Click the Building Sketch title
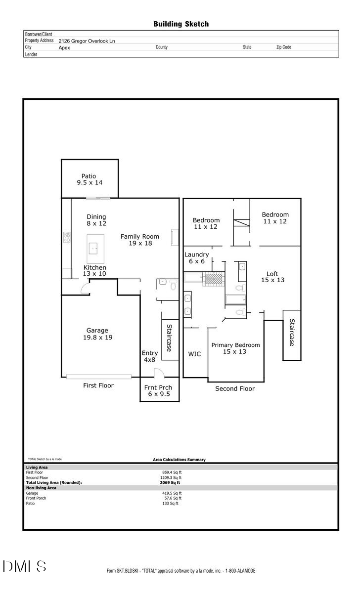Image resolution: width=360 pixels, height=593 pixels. pos(180,24)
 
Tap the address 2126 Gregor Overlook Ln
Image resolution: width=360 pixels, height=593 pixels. pos(87,42)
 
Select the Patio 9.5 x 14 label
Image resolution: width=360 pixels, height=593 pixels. pos(89,179)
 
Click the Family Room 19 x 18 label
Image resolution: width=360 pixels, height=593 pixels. pos(139,240)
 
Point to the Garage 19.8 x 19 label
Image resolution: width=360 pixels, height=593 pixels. pos(97,334)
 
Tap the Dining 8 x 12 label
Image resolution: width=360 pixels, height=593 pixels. pos(96,220)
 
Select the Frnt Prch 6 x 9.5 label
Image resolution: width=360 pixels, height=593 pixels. pos(158,391)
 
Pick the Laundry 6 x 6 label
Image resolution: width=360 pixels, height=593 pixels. pos(196,257)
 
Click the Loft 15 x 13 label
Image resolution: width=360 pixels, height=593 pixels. pos(272,277)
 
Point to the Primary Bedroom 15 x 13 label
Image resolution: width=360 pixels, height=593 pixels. pos(235,348)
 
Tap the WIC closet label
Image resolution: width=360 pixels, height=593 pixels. pos(194,354)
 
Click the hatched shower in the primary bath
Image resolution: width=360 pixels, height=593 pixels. pos(215,279)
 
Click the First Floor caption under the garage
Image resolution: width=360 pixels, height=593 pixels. pos(98,385)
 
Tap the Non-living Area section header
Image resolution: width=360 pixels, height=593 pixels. pos(41,488)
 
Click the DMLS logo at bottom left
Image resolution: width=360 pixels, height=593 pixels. pos(25,566)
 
